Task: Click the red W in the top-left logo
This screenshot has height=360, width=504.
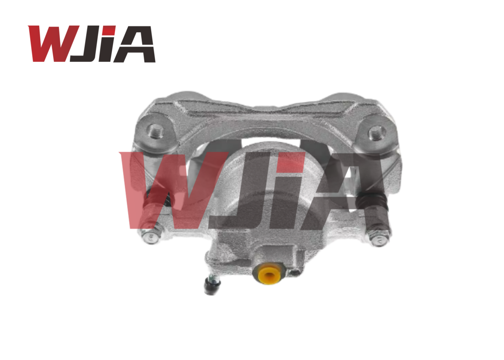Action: (53, 43)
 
